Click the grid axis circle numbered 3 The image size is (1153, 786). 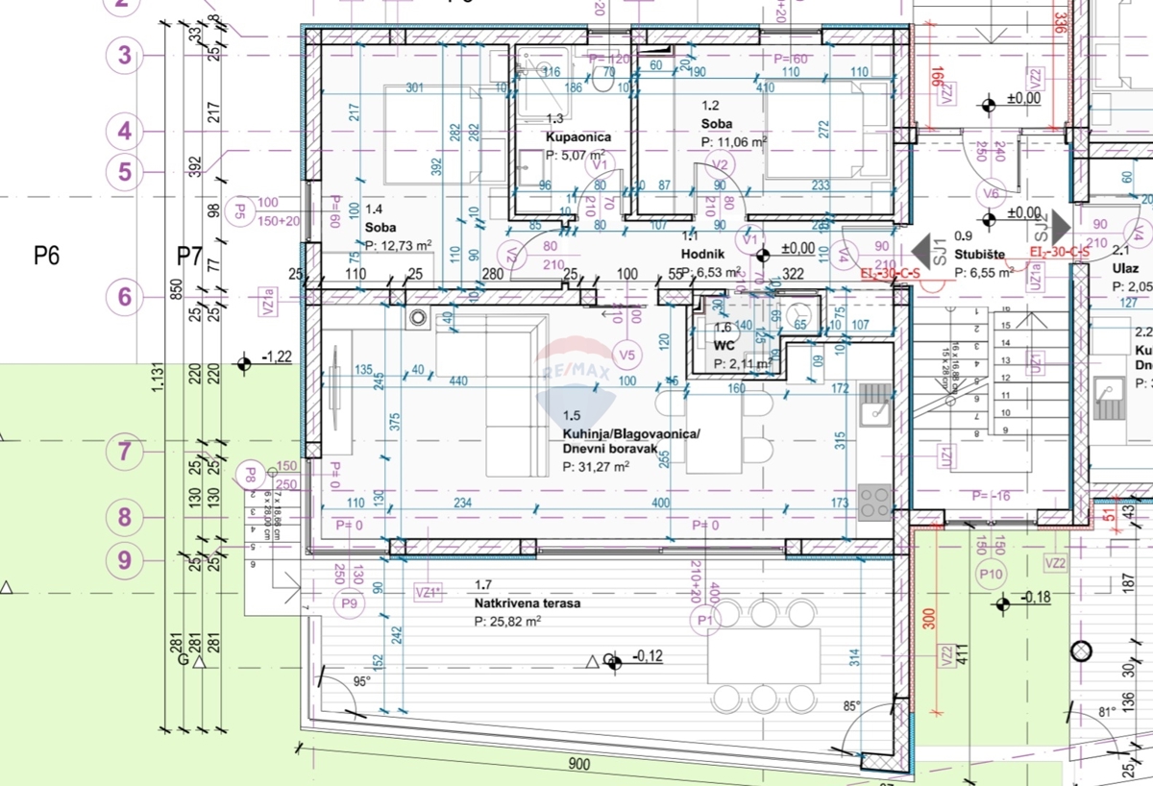(124, 56)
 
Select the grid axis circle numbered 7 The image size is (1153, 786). (124, 451)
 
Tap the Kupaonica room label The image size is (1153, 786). (578, 137)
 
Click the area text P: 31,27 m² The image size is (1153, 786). (595, 467)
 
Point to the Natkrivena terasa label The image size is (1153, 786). (527, 603)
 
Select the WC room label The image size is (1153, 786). (724, 343)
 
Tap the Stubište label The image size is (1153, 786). (980, 255)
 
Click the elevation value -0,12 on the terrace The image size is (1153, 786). (650, 658)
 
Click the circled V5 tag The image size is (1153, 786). (627, 356)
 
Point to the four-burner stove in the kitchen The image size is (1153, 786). (873, 502)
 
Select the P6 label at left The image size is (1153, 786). (47, 256)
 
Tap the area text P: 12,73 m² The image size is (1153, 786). (398, 244)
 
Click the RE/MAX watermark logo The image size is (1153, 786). (578, 370)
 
